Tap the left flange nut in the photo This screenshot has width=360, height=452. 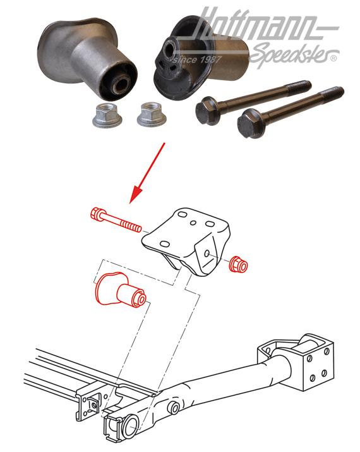(x=104, y=116)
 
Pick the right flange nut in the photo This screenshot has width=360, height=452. (x=150, y=114)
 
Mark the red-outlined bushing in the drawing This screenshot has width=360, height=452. (x=119, y=290)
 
